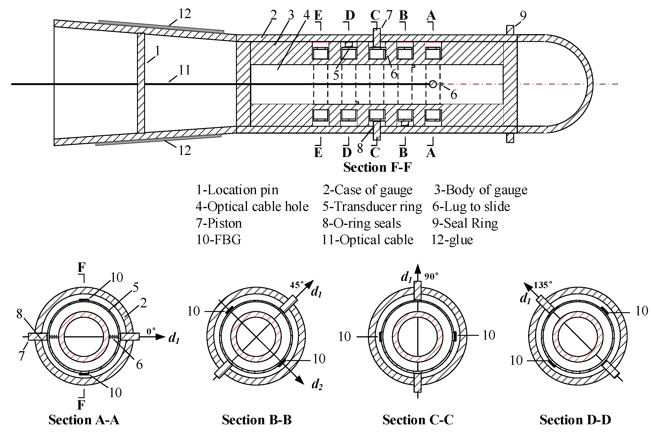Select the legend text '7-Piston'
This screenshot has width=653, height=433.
click(x=219, y=223)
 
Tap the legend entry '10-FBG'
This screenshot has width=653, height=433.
click(x=218, y=240)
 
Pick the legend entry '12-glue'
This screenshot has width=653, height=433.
click(x=452, y=240)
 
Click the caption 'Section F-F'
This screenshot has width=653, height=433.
click(x=377, y=167)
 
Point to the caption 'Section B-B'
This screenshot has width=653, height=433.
click(x=256, y=420)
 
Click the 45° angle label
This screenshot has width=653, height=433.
click(x=296, y=285)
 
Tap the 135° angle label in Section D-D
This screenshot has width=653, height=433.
click(x=543, y=285)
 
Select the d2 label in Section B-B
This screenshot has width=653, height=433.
click(x=317, y=384)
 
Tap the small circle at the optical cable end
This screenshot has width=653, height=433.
click(x=433, y=84)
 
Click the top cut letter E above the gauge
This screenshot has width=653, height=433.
click(x=318, y=15)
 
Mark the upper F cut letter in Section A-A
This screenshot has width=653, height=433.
click(x=81, y=267)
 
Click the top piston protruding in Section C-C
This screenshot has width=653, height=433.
click(x=418, y=290)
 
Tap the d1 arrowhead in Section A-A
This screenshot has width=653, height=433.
click(x=160, y=337)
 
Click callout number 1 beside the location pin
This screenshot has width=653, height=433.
click(x=157, y=51)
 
